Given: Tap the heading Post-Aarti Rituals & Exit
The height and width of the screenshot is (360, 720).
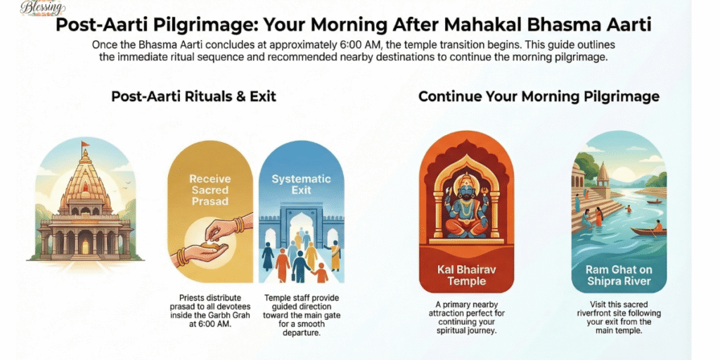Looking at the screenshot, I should (x=193, y=96).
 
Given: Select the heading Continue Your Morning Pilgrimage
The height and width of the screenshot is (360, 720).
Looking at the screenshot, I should (x=539, y=96).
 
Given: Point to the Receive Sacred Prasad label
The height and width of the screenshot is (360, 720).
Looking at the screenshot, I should (x=210, y=191).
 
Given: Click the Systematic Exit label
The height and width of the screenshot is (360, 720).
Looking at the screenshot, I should (x=301, y=185).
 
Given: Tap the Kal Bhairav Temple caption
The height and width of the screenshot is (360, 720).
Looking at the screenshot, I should (x=467, y=276).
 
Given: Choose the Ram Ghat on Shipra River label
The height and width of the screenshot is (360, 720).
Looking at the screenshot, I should (x=619, y=276).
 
